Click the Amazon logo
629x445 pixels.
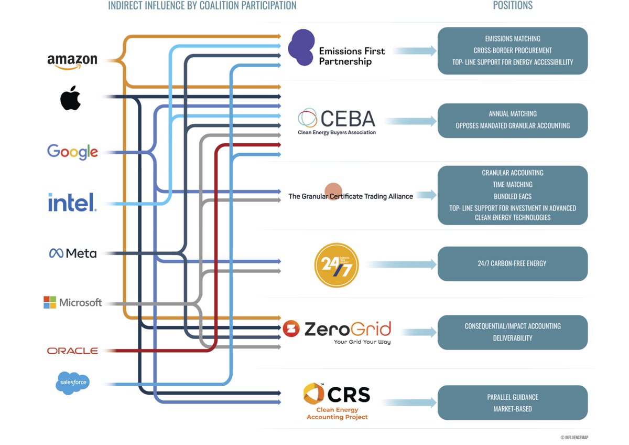(72, 61)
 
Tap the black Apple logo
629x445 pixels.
(70, 98)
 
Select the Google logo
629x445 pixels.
(72, 152)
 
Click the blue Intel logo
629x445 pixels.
(72, 203)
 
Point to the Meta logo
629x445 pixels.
(73, 253)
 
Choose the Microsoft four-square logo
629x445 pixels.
(50, 302)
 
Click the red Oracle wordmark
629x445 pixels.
(72, 351)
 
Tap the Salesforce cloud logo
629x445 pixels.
(72, 383)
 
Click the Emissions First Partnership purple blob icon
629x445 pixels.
(301, 48)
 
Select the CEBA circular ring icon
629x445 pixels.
(307, 118)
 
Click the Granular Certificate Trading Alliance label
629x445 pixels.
(350, 196)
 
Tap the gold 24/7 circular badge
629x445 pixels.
(336, 266)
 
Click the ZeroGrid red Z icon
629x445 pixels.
(291, 329)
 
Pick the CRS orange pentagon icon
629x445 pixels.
(313, 394)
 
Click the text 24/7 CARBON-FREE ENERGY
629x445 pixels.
(512, 263)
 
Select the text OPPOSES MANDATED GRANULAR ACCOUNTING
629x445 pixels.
(512, 125)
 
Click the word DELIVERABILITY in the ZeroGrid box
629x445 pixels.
(512, 338)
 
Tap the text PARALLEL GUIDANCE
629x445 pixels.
(512, 397)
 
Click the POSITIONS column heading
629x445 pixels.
(512, 6)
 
